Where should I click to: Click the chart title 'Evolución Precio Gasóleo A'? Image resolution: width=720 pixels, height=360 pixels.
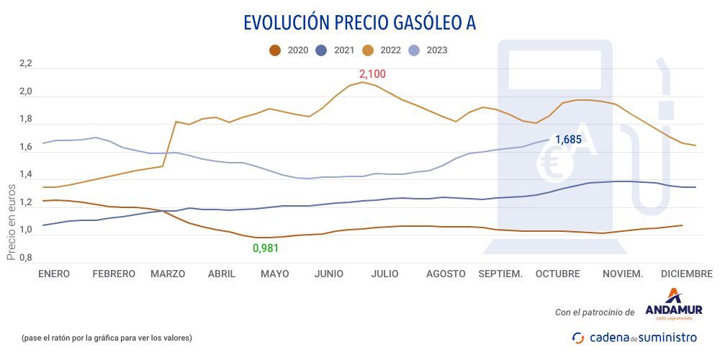[359, 23]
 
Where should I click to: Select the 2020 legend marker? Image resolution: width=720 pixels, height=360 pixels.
[274, 50]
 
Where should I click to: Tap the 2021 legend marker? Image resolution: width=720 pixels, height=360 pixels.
[322, 50]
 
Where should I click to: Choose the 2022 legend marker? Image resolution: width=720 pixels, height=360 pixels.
[368, 50]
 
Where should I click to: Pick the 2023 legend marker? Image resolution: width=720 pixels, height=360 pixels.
[414, 50]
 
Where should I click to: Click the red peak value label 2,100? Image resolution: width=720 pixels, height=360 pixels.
[372, 74]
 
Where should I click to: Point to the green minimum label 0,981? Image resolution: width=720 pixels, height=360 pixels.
[265, 248]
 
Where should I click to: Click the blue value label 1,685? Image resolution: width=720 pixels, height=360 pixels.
[568, 139]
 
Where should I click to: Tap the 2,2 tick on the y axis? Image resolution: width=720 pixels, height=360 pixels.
[26, 64]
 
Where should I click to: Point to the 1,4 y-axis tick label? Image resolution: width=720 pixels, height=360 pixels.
[26, 175]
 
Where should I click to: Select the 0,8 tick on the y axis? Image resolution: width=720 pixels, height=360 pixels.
[26, 258]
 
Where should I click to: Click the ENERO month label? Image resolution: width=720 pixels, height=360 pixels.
[54, 274]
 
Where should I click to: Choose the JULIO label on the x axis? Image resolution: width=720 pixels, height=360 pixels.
[384, 274]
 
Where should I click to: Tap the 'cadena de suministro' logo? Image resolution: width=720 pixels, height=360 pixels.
[634, 337]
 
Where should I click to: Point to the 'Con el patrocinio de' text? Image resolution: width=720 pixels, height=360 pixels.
[595, 312]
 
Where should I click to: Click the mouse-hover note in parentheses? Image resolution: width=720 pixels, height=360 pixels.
[107, 337]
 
